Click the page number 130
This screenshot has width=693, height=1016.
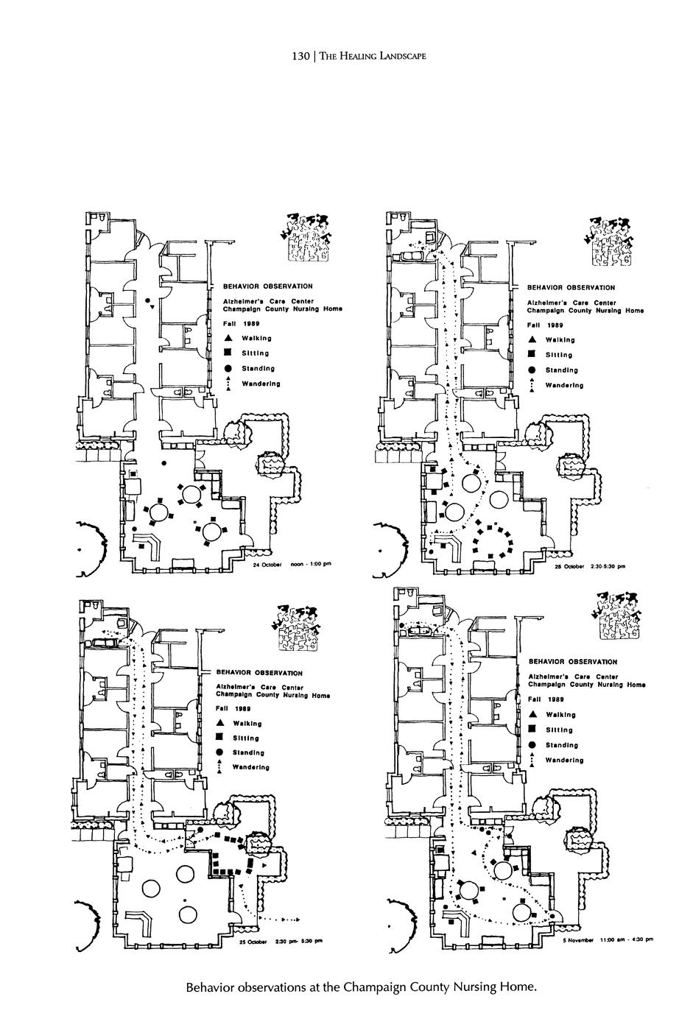[x=300, y=57]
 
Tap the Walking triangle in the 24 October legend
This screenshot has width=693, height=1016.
[x=229, y=338]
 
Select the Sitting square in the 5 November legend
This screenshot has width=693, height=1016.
[x=532, y=730]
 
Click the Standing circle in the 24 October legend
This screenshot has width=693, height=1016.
[x=229, y=368]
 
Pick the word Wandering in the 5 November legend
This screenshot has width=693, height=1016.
[x=565, y=760]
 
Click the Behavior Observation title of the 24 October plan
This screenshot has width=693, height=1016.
[x=262, y=286]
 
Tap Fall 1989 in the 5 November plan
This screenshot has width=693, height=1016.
[x=546, y=699]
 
